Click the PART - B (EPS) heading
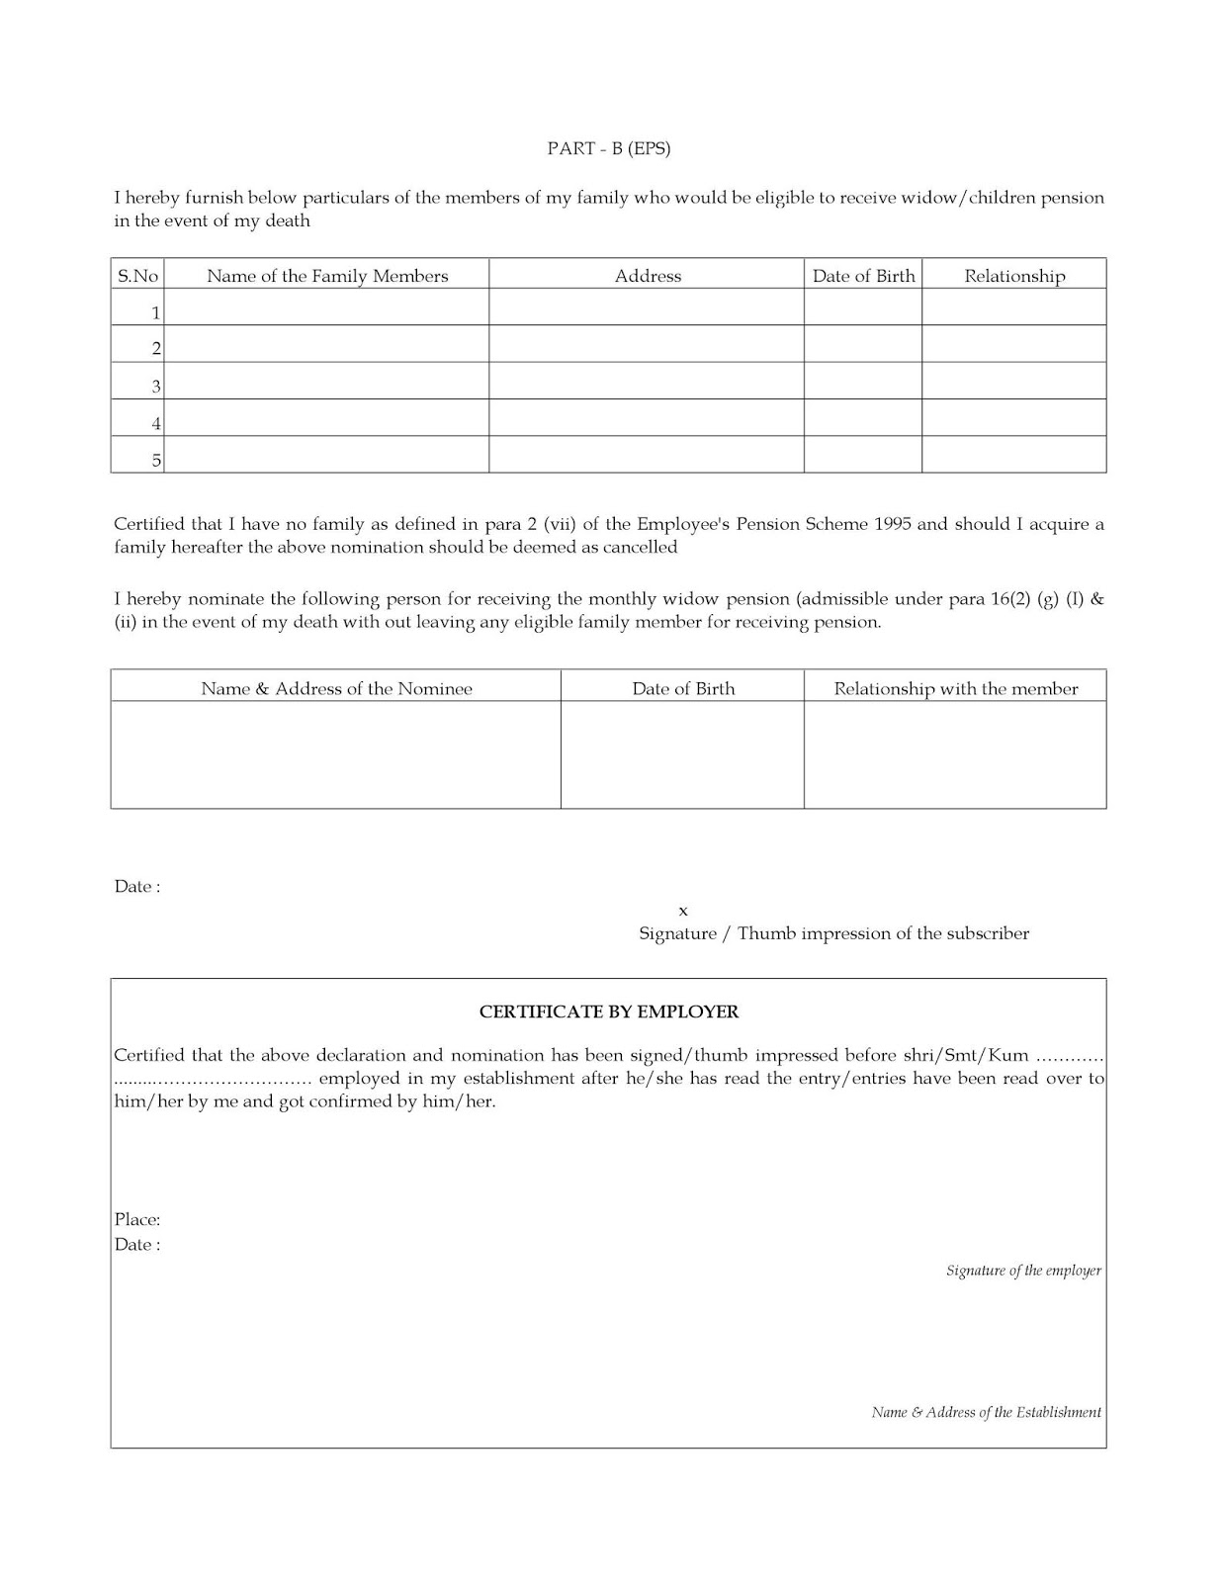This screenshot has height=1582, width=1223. pyautogui.click(x=609, y=148)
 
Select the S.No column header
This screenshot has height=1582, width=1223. pyautogui.click(x=137, y=276)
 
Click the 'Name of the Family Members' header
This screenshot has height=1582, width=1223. pyautogui.click(x=327, y=276)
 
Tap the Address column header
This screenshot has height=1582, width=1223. pyautogui.click(x=648, y=276)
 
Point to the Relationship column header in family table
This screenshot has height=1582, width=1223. pyautogui.click(x=1014, y=276)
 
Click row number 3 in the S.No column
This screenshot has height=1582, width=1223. pyautogui.click(x=155, y=387)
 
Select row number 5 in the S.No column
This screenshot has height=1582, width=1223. pyautogui.click(x=156, y=460)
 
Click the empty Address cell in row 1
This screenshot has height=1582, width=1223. pyautogui.click(x=647, y=308)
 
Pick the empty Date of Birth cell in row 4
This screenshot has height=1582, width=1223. pyautogui.click(x=862, y=417)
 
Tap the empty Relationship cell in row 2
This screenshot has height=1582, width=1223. pyautogui.click(x=1013, y=344)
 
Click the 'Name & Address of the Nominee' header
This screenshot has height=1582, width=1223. pyautogui.click(x=336, y=688)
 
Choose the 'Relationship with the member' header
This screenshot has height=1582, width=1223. pyautogui.click(x=955, y=688)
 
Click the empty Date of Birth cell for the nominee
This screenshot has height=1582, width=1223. pyautogui.click(x=682, y=754)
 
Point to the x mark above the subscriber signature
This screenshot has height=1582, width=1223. pyautogui.click(x=683, y=911)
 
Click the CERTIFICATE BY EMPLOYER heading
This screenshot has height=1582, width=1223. pyautogui.click(x=609, y=1011)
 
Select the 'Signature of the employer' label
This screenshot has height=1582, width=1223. pyautogui.click(x=1023, y=1271)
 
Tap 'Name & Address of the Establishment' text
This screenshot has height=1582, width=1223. pyautogui.click(x=986, y=1412)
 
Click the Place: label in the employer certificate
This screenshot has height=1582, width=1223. pyautogui.click(x=137, y=1220)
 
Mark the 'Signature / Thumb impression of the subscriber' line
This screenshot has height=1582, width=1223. pyautogui.click(x=833, y=933)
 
